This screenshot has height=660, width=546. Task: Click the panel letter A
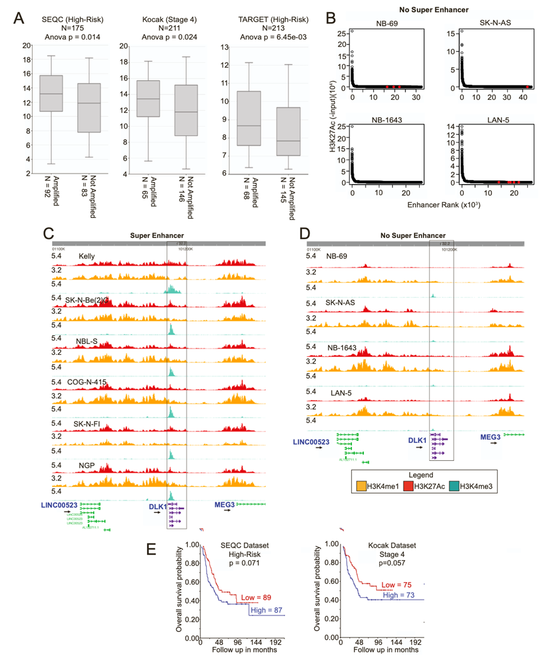click(20, 19)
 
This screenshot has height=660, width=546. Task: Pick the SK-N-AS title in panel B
click(489, 21)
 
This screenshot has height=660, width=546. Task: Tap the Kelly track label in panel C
click(89, 256)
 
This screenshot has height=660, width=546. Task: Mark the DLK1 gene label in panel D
click(415, 441)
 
